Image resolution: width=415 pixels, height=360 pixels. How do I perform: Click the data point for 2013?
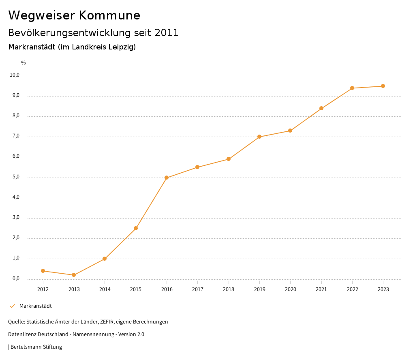(x=74, y=275)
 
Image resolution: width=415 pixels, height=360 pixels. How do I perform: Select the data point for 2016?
(x=167, y=178)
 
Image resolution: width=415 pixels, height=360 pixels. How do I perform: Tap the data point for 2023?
(x=383, y=86)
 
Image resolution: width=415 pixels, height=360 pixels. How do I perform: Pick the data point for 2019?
(x=259, y=137)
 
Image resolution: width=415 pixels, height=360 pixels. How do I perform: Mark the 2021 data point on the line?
(x=321, y=108)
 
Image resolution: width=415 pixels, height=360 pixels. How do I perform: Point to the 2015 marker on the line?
(x=136, y=228)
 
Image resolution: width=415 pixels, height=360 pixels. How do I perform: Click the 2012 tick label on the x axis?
(x=43, y=289)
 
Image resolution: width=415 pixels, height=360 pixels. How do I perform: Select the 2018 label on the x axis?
(x=229, y=289)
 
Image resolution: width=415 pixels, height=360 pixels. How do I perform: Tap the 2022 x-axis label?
(x=352, y=289)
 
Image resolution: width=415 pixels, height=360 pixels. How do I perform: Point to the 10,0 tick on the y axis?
(x=15, y=75)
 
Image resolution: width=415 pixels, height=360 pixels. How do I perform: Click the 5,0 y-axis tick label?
(x=16, y=177)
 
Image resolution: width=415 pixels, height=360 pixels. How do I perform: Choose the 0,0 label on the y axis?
(x=16, y=279)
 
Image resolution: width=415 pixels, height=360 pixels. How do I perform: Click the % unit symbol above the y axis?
(x=24, y=63)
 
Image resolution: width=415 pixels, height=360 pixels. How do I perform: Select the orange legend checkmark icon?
(x=12, y=306)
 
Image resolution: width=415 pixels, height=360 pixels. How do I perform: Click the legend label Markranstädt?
(x=36, y=306)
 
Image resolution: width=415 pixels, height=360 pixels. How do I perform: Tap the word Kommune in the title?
(x=109, y=15)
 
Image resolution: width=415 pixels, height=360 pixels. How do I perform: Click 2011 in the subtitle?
(x=167, y=33)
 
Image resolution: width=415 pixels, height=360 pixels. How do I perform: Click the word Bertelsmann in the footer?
(x=26, y=347)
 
